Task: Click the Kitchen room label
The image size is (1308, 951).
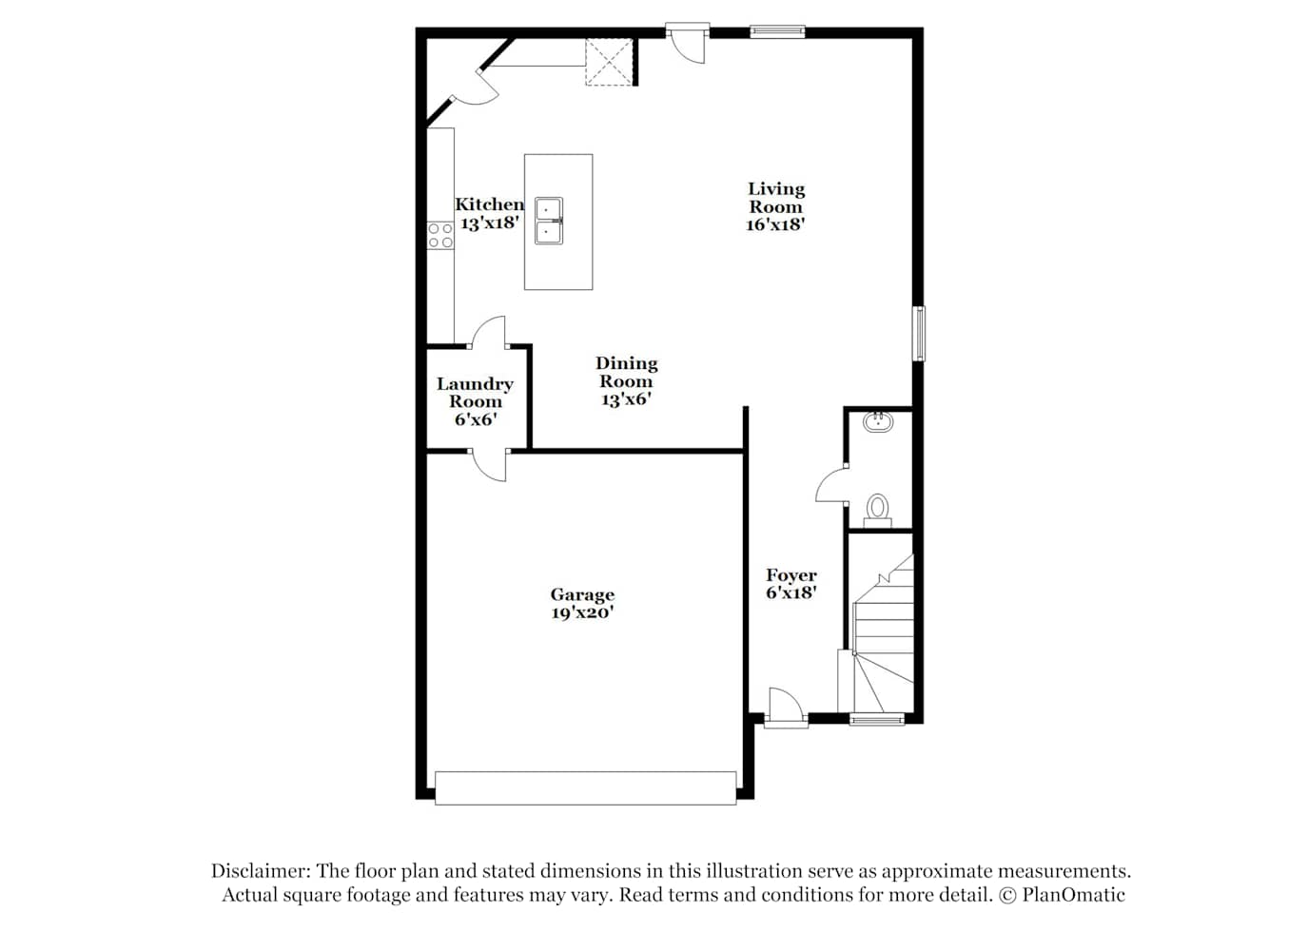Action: pyautogui.click(x=489, y=204)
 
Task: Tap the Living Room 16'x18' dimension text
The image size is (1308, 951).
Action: pyautogui.click(x=775, y=224)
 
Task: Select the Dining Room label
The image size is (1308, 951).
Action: pyautogui.click(x=626, y=373)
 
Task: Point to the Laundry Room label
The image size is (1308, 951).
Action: pyautogui.click(x=475, y=393)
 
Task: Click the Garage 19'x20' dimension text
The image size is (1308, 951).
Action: pyautogui.click(x=582, y=612)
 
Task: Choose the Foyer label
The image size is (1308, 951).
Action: pyautogui.click(x=791, y=575)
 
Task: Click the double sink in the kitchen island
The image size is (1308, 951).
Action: pyautogui.click(x=549, y=221)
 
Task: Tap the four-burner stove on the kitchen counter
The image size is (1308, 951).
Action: pyautogui.click(x=440, y=235)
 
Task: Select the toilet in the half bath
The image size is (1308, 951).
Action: pyautogui.click(x=877, y=511)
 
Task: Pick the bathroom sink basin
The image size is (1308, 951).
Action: pyautogui.click(x=878, y=422)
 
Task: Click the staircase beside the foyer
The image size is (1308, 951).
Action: pyautogui.click(x=882, y=633)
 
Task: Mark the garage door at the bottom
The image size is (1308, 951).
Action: pyautogui.click(x=585, y=788)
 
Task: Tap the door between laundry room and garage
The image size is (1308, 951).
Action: pyautogui.click(x=488, y=465)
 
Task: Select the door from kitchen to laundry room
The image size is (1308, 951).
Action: pyautogui.click(x=488, y=332)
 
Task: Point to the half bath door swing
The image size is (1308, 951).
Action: pyautogui.click(x=831, y=485)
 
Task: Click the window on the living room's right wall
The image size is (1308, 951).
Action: pyautogui.click(x=919, y=334)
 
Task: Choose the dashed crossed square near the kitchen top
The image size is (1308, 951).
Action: pyautogui.click(x=609, y=63)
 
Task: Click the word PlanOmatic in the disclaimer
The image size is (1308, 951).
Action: pyautogui.click(x=1073, y=895)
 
